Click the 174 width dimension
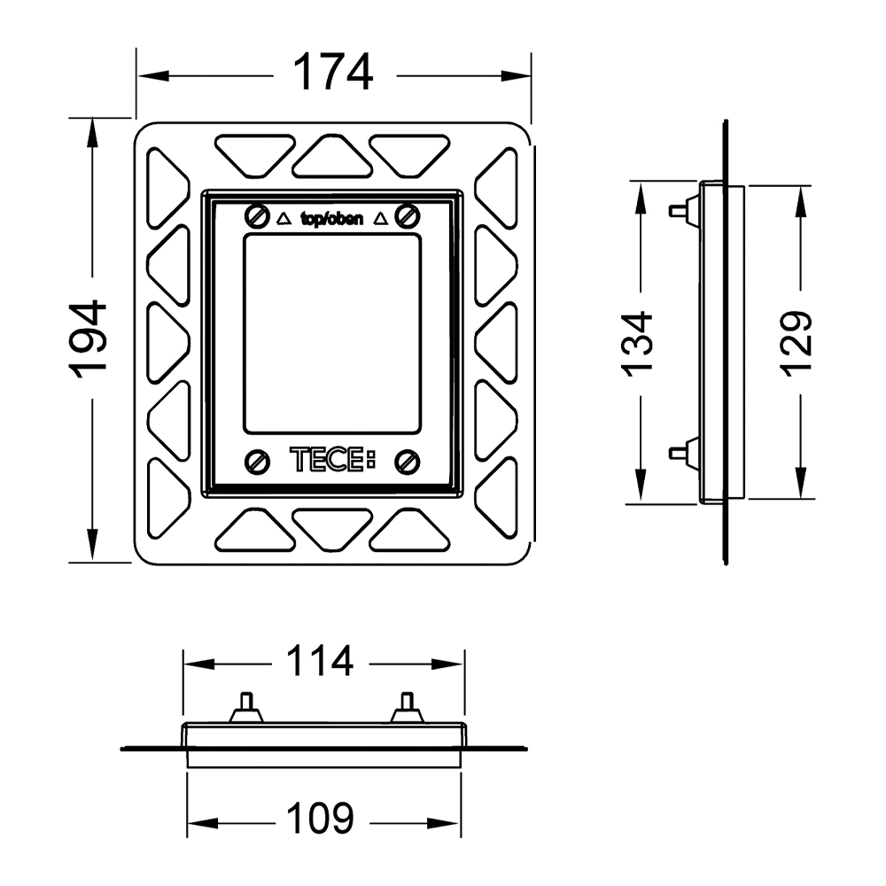[333, 73]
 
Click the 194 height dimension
[90, 339]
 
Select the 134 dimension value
[637, 341]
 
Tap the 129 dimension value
[797, 343]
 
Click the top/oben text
[331, 219]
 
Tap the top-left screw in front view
[256, 215]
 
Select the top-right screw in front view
[408, 215]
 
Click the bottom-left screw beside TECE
[256, 460]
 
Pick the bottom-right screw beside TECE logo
[408, 460]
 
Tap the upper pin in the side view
[679, 211]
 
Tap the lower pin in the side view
[679, 452]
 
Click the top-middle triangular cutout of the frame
[332, 159]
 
